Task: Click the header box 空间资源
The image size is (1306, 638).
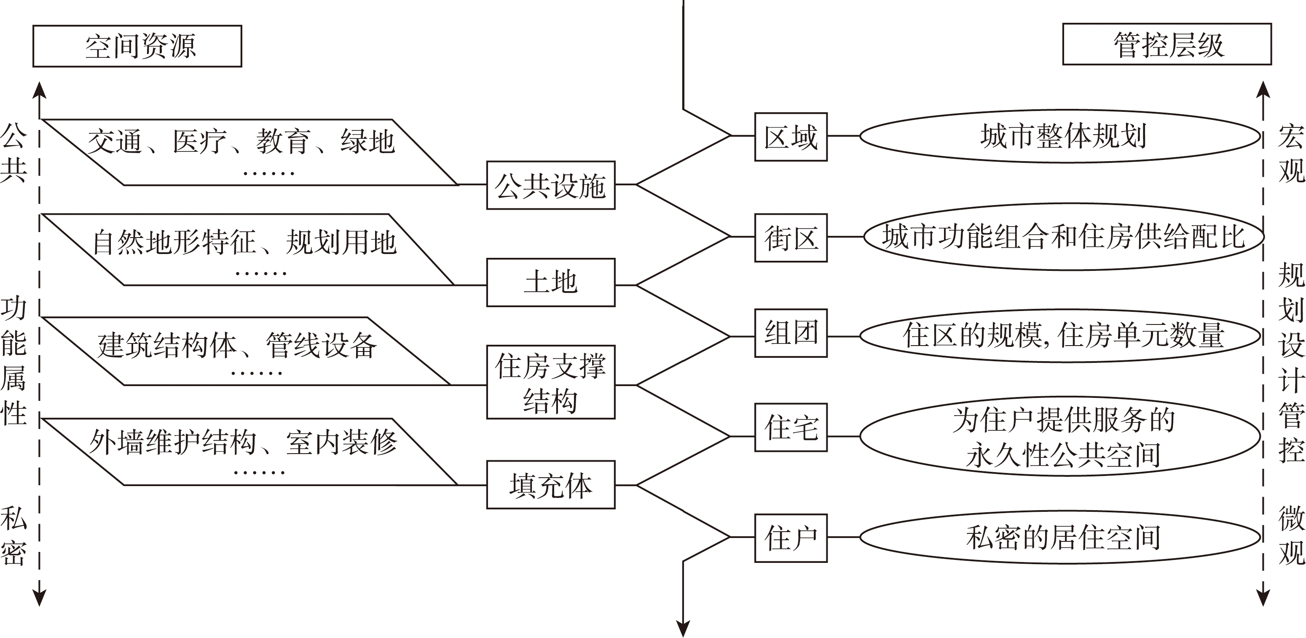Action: coord(137,46)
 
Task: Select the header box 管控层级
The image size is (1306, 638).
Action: coord(1167,44)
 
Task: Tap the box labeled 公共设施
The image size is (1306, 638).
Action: coord(550,185)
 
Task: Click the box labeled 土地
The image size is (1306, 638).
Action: coord(550,282)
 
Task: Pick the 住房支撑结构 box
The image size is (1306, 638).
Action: coord(550,382)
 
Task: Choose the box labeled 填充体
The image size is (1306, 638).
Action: coord(550,485)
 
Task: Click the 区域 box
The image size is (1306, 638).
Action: coord(791,137)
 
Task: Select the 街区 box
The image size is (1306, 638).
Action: coord(791,238)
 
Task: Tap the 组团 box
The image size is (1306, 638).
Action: coord(791,333)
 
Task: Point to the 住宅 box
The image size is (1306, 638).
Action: coord(791,427)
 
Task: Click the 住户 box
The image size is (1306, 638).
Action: coord(791,538)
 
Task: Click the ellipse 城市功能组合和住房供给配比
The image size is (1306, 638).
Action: coord(1063,237)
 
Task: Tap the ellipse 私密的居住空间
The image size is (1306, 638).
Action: coord(1062,538)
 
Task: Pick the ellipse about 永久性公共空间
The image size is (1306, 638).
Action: coord(1062,436)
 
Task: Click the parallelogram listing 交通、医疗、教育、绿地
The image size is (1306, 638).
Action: coord(248,152)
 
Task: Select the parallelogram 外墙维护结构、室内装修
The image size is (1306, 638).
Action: coord(248,452)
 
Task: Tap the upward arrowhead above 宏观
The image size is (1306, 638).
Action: coord(1263,89)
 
